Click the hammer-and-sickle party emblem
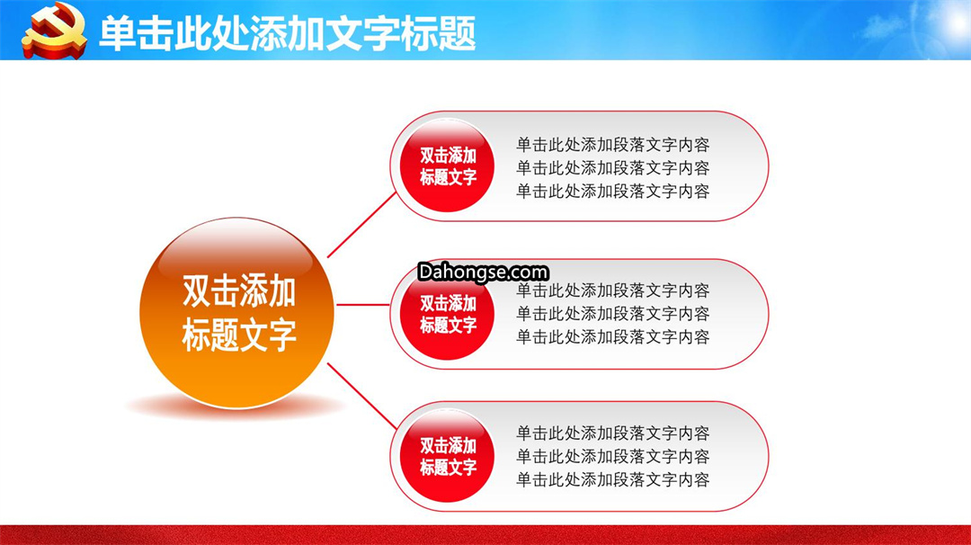(x=54, y=31)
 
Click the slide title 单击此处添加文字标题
(x=288, y=33)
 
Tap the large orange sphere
(x=237, y=313)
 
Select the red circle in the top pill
(x=447, y=165)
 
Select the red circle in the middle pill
(x=447, y=313)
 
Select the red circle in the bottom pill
(x=447, y=456)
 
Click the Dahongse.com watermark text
(x=483, y=272)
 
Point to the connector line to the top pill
(x=361, y=225)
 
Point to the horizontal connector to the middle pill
(x=363, y=305)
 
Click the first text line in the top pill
(x=612, y=145)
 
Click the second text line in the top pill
(x=612, y=168)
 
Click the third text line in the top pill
(x=612, y=192)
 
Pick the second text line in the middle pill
(x=612, y=314)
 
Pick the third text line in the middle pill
(x=612, y=337)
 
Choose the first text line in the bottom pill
(x=612, y=433)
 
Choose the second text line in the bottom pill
(x=612, y=457)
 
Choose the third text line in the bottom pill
(x=612, y=479)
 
